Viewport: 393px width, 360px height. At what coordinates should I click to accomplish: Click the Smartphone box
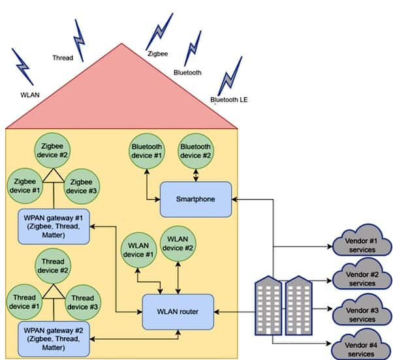tap(196, 200)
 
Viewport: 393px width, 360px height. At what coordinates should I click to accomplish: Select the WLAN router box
tap(178, 312)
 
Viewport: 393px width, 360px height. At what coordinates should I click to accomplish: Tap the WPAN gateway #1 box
tap(54, 226)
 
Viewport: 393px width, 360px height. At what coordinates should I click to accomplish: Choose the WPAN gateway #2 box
tap(54, 339)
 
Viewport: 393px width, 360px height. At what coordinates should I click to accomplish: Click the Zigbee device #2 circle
tap(52, 151)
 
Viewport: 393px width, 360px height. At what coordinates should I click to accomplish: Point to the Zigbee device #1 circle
tap(25, 186)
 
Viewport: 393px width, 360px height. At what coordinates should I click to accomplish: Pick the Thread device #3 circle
tap(83, 303)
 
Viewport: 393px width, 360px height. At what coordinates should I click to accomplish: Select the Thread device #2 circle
tap(53, 266)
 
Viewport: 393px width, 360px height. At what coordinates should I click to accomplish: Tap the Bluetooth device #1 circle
tap(147, 151)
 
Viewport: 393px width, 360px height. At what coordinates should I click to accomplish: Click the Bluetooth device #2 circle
tap(196, 151)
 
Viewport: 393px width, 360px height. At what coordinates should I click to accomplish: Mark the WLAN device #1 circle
tap(138, 250)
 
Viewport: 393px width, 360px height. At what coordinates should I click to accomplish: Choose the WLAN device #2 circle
tap(178, 244)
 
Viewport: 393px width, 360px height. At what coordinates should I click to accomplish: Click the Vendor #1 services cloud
tap(362, 241)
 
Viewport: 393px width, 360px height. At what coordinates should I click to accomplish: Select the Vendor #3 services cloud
tap(362, 310)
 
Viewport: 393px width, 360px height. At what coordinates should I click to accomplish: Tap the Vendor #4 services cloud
tap(361, 345)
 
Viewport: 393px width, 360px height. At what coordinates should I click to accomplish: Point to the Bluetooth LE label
tap(229, 100)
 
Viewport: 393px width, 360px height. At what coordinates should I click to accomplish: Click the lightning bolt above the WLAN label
tap(23, 67)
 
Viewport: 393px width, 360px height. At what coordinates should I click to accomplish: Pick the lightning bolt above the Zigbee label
tap(159, 31)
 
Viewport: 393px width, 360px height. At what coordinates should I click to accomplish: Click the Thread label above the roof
tap(63, 58)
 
